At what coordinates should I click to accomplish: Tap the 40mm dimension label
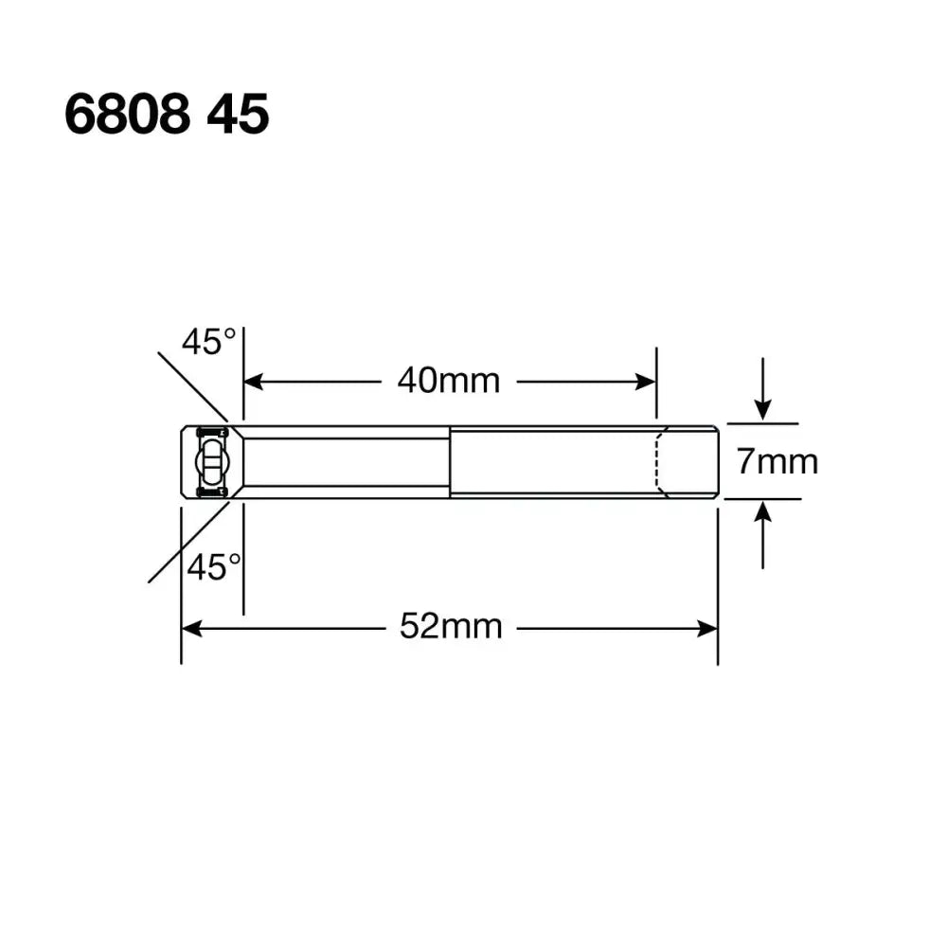[x=448, y=381]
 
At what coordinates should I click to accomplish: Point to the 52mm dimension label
[x=450, y=626]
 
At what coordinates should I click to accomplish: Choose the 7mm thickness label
[x=777, y=462]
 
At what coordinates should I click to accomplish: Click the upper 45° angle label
[x=209, y=342]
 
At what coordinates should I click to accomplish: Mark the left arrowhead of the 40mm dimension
[x=253, y=382]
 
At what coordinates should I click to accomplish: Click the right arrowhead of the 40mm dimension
[x=647, y=382]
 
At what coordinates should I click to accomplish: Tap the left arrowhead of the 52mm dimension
[x=190, y=628]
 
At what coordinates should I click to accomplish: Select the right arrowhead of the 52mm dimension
[x=708, y=628]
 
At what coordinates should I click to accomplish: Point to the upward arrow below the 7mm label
[x=763, y=516]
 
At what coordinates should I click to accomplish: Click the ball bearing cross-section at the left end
[x=210, y=462]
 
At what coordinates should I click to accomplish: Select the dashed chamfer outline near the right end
[x=660, y=462]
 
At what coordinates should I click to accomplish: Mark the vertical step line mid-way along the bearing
[x=450, y=462]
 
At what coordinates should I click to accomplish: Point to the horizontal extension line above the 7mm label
[x=762, y=424]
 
